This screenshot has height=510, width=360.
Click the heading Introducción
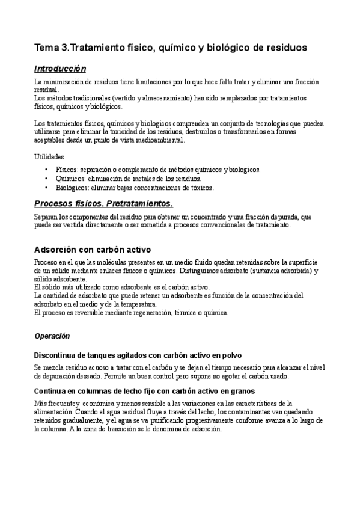tap(59, 69)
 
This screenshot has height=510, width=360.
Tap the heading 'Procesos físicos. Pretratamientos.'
tap(103, 203)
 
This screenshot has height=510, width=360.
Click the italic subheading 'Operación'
tap(52, 335)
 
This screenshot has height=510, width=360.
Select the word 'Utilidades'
tap(50, 156)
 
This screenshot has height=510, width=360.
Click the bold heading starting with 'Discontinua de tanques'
tap(138, 355)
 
